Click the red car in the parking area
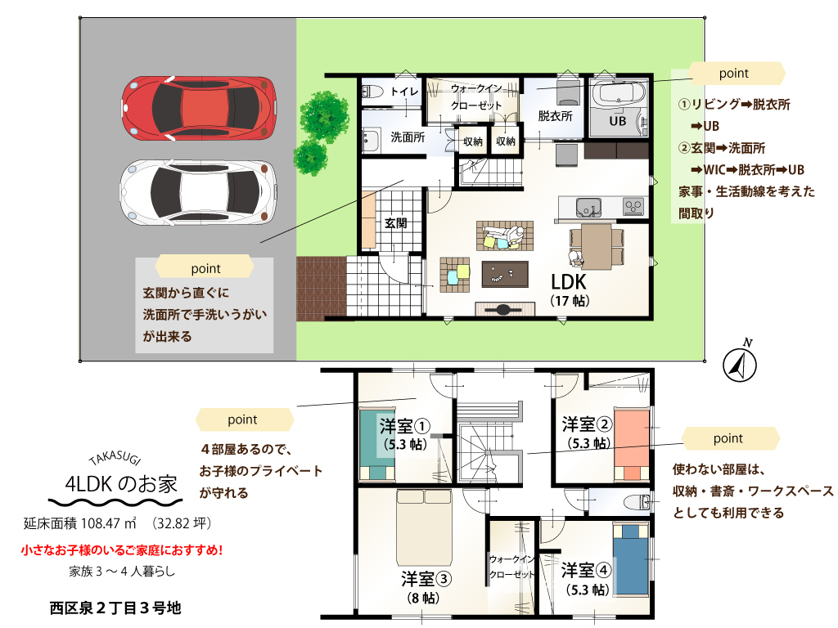[199, 109]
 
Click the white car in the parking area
[199, 191]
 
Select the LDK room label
[569, 282]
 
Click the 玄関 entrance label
[395, 223]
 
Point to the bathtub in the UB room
[619, 94]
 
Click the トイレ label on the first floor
[404, 92]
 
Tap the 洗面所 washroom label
[408, 137]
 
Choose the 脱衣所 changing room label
[555, 116]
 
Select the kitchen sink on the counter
[588, 207]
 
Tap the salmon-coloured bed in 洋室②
[632, 444]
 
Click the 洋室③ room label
[426, 579]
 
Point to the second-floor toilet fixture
[637, 502]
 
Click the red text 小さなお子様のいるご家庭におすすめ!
[122, 550]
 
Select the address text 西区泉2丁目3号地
[115, 608]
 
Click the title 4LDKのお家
[121, 484]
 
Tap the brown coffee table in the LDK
[505, 274]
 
